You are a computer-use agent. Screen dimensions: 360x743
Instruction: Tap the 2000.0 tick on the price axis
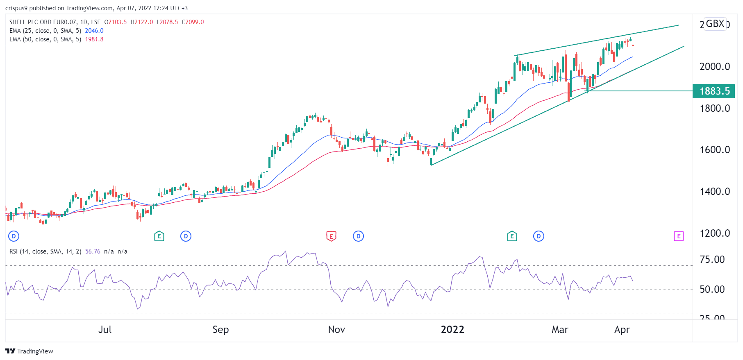click(x=714, y=67)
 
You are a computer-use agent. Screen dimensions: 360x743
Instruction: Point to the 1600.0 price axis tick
click(x=714, y=150)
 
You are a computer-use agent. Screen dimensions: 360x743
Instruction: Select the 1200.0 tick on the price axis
click(x=714, y=233)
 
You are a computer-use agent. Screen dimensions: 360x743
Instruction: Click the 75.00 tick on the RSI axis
click(x=712, y=260)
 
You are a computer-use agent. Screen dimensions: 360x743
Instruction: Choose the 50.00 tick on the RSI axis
click(x=712, y=290)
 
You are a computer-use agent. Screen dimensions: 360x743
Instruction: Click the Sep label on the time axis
click(x=220, y=330)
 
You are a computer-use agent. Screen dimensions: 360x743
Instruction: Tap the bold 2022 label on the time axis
click(x=452, y=330)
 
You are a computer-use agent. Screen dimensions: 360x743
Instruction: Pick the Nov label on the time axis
click(x=336, y=330)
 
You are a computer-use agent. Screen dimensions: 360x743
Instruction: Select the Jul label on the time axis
click(x=105, y=330)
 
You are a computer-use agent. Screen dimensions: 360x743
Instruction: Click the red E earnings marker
click(x=331, y=236)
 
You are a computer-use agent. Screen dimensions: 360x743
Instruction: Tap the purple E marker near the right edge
click(x=679, y=236)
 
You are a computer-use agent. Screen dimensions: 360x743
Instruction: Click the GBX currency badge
click(x=715, y=24)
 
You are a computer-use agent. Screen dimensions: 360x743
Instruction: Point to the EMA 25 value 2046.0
click(x=94, y=31)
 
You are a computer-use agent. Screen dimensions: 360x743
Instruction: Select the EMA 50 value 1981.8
click(x=94, y=39)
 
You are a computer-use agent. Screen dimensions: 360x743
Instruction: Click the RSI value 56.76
click(x=93, y=251)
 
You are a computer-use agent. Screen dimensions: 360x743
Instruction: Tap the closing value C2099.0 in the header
click(x=193, y=22)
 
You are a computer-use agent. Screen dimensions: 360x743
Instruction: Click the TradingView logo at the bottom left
click(x=30, y=351)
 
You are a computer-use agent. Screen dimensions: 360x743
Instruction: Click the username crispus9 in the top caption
click(x=16, y=8)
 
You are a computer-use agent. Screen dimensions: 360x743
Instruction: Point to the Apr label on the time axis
click(x=622, y=330)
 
